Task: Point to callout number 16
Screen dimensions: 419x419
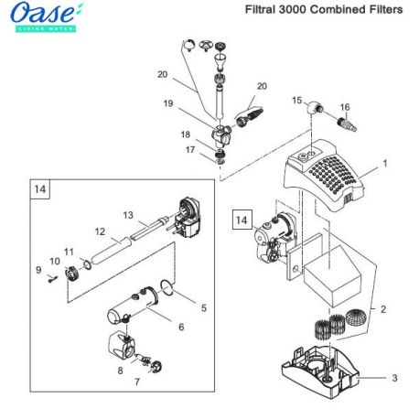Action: point(345,106)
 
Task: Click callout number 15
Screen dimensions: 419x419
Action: point(296,99)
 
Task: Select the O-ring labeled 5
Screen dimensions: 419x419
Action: point(168,294)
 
